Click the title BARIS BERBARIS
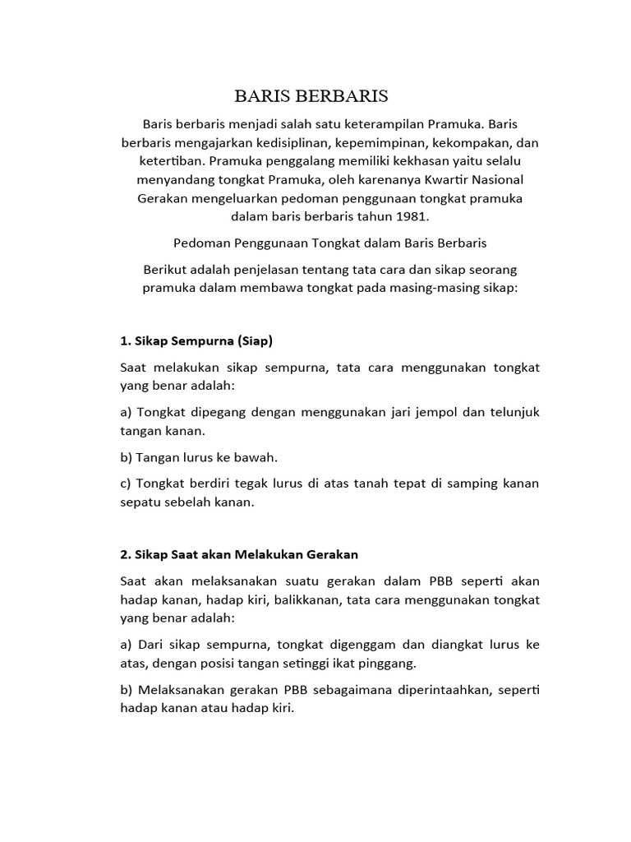[311, 95]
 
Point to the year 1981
[412, 217]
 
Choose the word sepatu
[142, 502]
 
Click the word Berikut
[168, 271]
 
